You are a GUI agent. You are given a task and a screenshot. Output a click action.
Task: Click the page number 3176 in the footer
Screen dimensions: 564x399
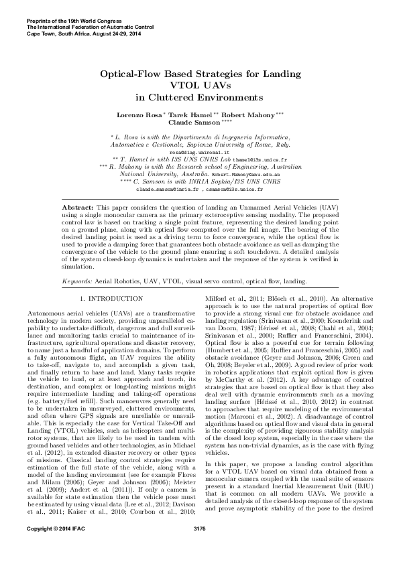(x=199, y=548)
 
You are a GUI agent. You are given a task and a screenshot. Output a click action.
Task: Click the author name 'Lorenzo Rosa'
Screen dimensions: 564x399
(x=137, y=115)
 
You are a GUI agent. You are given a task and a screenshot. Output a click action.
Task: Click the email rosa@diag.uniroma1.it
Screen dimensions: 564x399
(x=198, y=152)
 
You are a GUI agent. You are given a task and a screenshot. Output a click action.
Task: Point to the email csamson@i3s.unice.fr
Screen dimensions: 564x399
(x=234, y=189)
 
